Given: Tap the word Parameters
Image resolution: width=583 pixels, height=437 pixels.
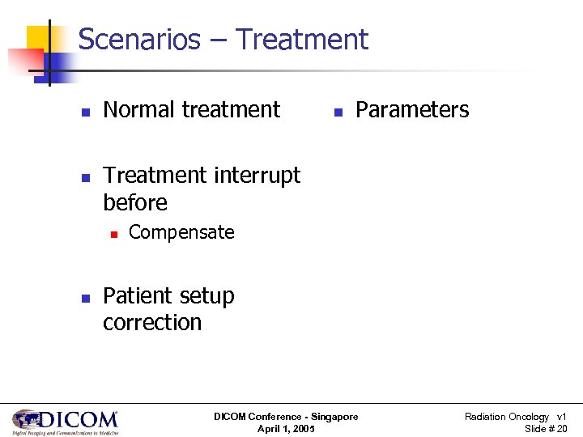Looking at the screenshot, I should [412, 109].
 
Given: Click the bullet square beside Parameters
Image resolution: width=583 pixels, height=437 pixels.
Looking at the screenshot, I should [338, 111].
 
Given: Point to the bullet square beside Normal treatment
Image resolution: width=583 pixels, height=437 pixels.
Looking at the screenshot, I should [86, 111].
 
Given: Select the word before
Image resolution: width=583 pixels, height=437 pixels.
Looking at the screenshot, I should [135, 202].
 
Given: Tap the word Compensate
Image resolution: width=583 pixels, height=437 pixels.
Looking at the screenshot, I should [181, 232].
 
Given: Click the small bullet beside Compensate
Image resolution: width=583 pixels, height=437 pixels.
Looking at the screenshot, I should [113, 234].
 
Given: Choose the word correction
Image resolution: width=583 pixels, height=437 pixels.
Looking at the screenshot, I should [152, 322].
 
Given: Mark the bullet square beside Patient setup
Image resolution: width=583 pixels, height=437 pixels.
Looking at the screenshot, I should [86, 298].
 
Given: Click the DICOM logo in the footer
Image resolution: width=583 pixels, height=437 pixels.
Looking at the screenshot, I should [65, 422].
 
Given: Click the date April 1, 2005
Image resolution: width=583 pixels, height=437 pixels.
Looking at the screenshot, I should [286, 429].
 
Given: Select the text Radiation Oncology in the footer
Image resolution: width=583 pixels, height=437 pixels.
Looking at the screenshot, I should [506, 417].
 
